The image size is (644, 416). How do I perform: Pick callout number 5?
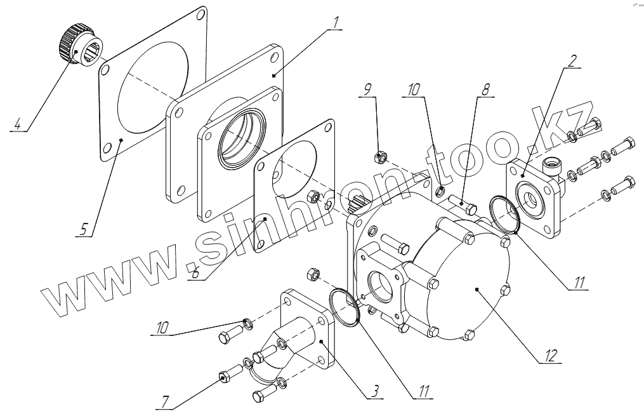(83, 228)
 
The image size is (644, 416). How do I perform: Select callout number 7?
(164, 401)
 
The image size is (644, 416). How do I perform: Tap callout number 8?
(485, 90)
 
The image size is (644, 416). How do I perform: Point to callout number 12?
(550, 355)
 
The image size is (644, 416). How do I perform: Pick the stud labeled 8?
(461, 205)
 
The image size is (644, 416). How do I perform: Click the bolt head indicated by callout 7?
(224, 377)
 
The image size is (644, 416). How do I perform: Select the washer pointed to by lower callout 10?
(248, 325)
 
